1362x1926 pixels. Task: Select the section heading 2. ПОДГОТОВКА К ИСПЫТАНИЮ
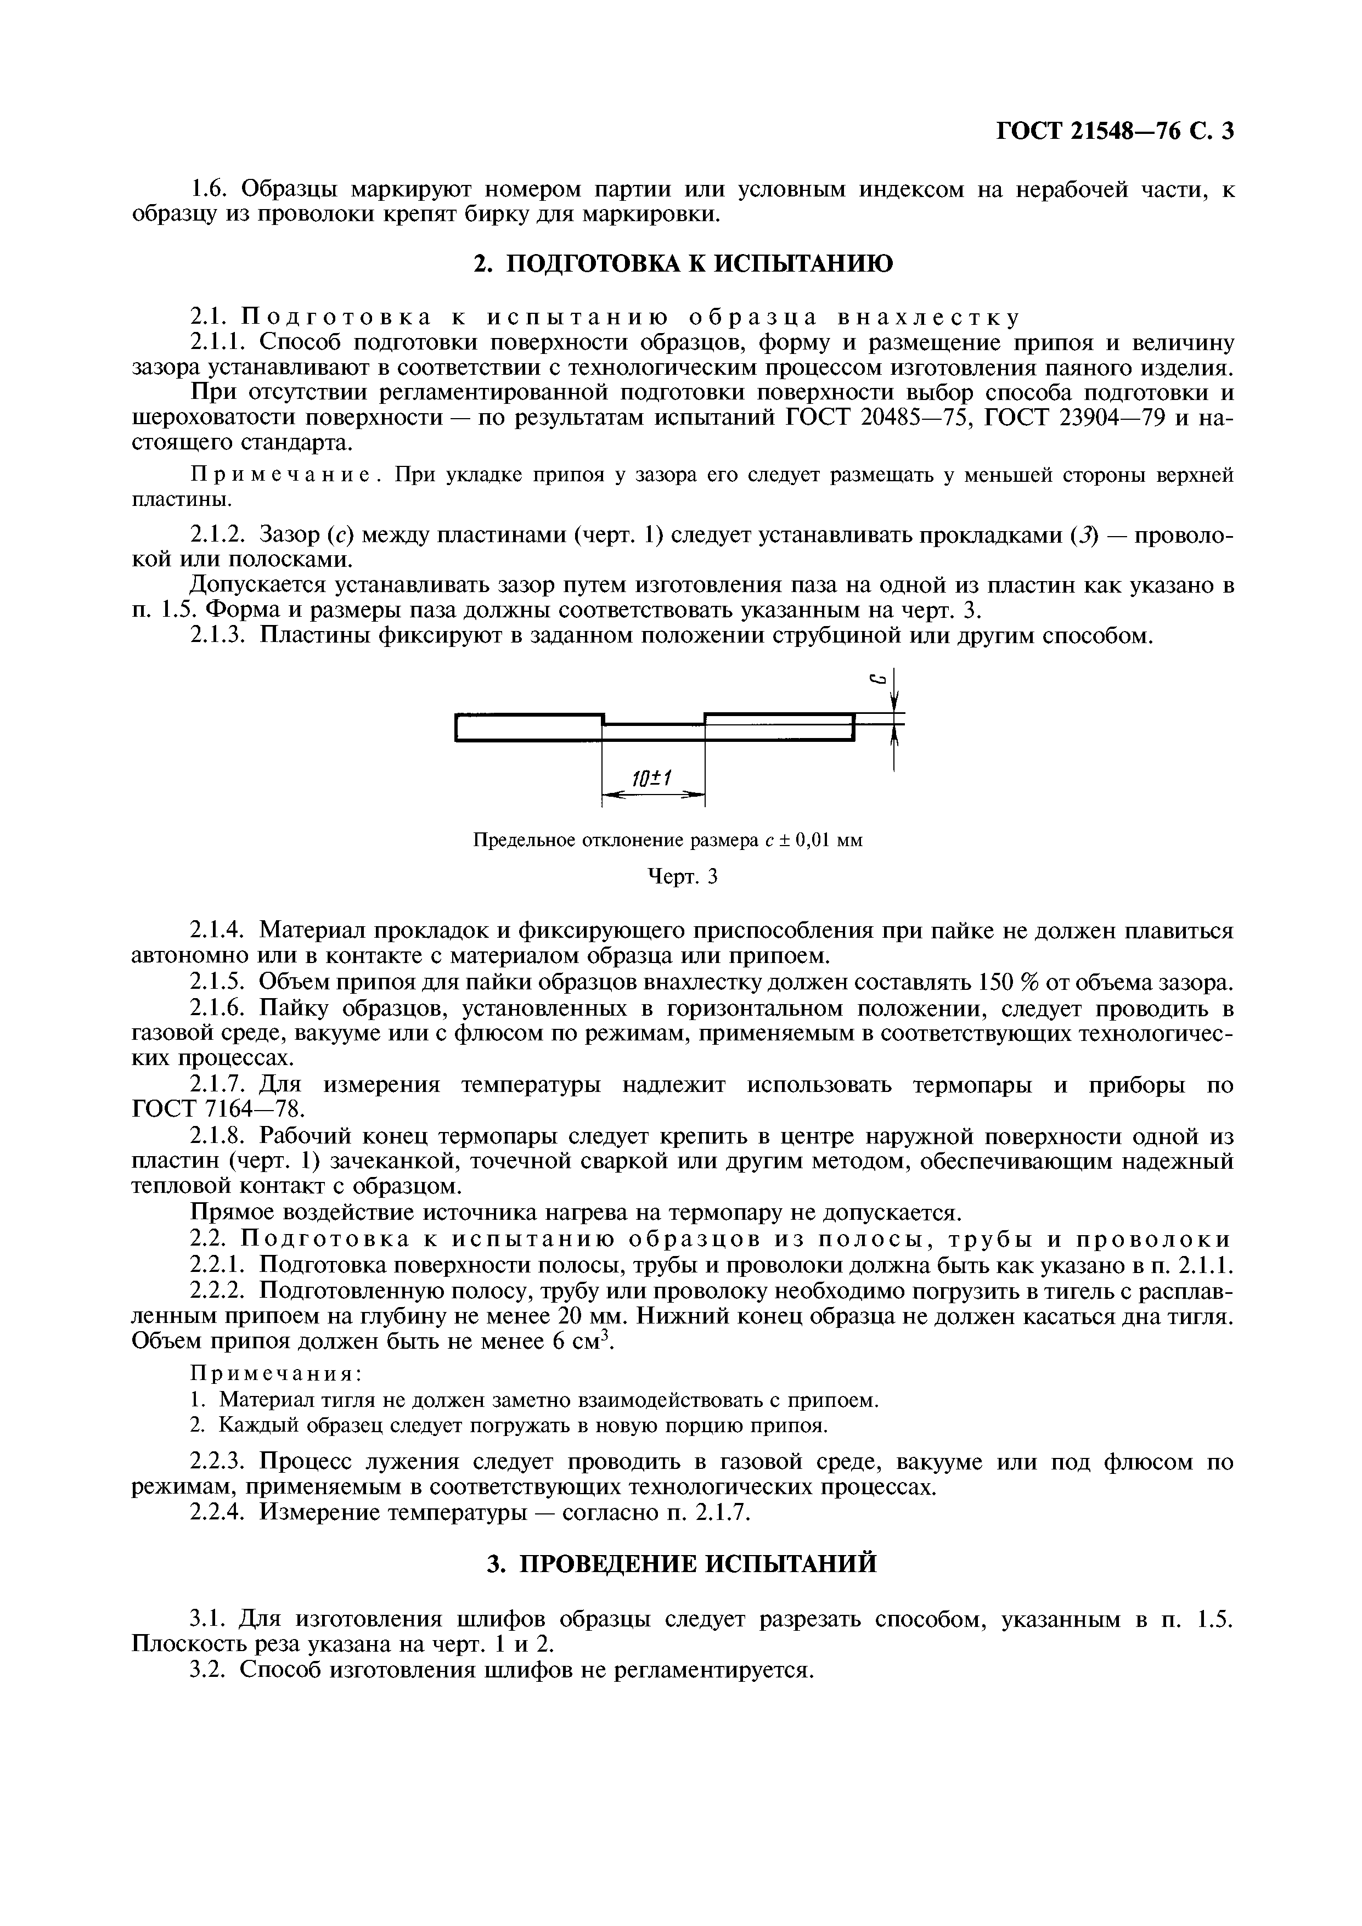coord(684,264)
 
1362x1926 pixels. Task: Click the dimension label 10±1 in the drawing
coord(652,779)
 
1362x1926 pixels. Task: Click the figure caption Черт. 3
coord(684,877)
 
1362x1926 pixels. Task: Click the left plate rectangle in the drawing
coord(528,727)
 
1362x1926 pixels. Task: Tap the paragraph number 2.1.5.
coord(216,982)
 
